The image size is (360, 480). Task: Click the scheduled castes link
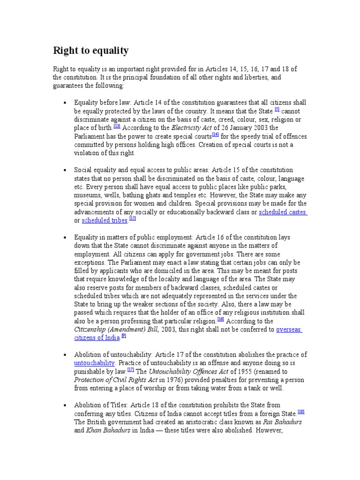tap(283, 212)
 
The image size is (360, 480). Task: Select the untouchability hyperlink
tap(94, 363)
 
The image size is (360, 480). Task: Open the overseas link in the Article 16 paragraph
tap(289, 330)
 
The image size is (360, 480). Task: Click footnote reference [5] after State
tap(277, 109)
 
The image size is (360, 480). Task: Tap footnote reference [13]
tap(117, 126)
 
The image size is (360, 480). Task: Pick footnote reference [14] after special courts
tap(215, 134)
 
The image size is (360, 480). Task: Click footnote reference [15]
tap(132, 219)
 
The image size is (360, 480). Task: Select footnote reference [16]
tap(221, 319)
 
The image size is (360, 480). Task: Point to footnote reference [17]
tap(131, 369)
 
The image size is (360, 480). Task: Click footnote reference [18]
tap(301, 412)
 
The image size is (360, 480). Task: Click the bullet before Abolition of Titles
tap(64, 405)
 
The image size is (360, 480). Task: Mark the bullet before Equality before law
tap(64, 102)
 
